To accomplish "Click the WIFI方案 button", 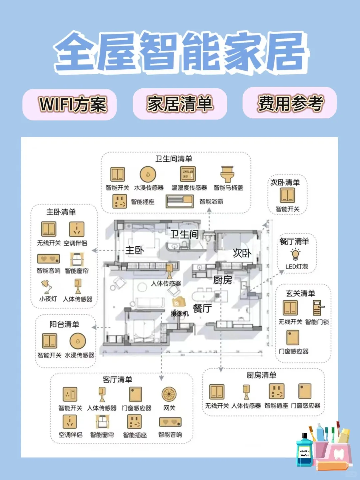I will (69, 104).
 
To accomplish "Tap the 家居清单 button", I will (180, 104).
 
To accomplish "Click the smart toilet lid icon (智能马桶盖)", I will (228, 174).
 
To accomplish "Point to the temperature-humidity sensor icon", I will (188, 174).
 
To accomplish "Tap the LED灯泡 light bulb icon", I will (295, 254).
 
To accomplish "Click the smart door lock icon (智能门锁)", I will (317, 308).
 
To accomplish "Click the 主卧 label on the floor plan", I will (135, 250).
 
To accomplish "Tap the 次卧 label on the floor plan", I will (242, 253).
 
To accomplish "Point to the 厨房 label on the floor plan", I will (222, 280).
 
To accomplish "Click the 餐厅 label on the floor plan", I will (202, 308).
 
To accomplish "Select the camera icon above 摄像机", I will (179, 302).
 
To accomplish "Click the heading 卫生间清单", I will (174, 159).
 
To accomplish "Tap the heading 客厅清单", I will (117, 379).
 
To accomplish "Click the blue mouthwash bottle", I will (304, 449).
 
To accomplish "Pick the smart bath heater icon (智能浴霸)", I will (180, 201).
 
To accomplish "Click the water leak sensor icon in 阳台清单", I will (78, 341).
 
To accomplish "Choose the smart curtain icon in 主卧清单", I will (77, 259).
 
